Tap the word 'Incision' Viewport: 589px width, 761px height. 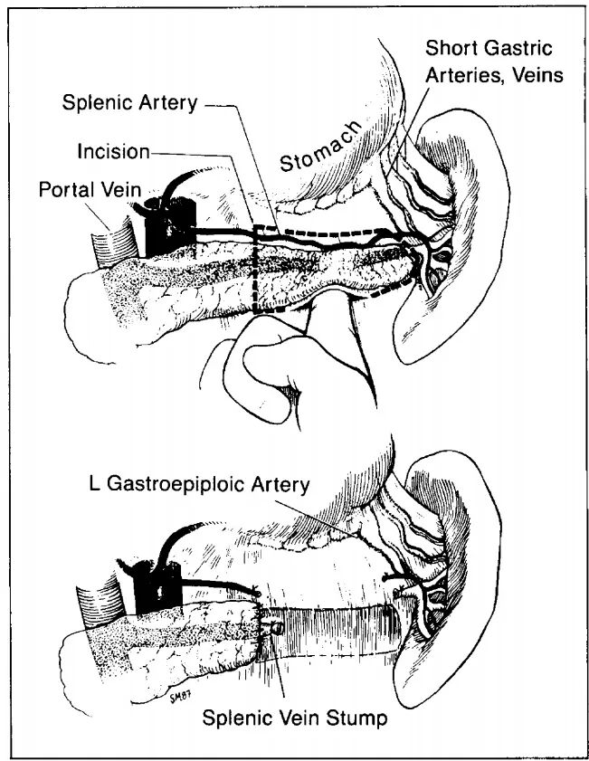click(113, 150)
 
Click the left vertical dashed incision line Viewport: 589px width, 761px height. click(256, 267)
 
